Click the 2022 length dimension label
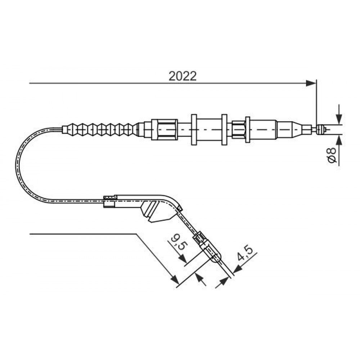click(183, 76)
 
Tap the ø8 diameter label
click(332, 155)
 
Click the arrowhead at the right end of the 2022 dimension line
click(311, 83)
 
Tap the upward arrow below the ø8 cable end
click(339, 140)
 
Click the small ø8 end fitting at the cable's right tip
click(320, 130)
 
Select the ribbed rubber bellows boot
click(100, 129)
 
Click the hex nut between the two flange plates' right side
click(238, 130)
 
